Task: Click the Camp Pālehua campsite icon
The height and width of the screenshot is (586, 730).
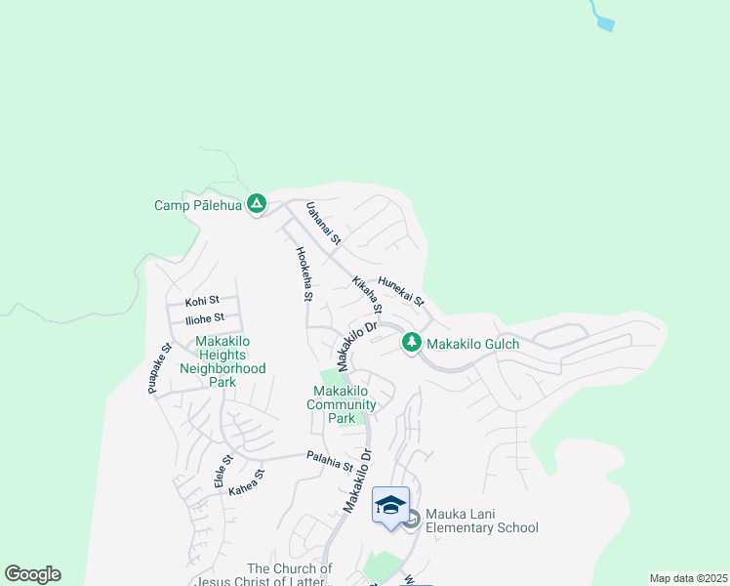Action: pos(257,204)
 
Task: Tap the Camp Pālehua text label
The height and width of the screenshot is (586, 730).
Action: pos(197,205)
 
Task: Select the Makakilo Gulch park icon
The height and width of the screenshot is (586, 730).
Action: pos(412,343)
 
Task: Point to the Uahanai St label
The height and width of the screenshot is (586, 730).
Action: pos(323,223)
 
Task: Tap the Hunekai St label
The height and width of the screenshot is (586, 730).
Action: pos(401,290)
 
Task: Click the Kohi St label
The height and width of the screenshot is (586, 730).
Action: pos(202,300)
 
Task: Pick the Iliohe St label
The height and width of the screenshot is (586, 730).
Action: pos(205,317)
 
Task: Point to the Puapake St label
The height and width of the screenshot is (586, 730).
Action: pos(160,368)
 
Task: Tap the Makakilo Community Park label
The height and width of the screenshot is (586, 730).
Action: pos(342,404)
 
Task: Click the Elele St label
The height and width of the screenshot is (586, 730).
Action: pos(223,472)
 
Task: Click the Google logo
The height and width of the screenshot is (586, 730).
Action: pos(32,574)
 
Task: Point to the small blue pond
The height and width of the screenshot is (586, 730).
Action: pos(604,23)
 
